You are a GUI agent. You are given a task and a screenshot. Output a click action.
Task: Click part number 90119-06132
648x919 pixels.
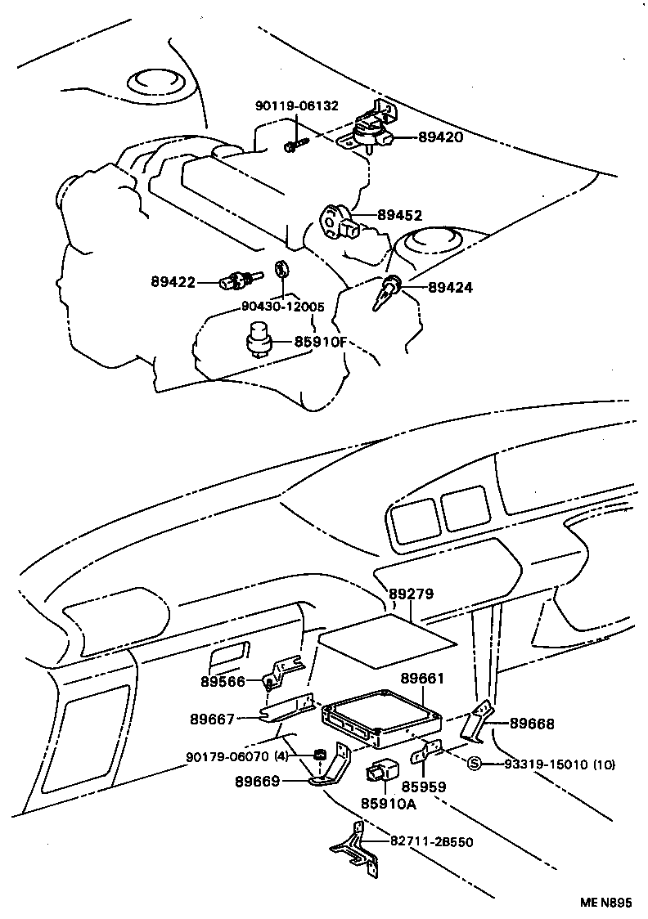tap(296, 106)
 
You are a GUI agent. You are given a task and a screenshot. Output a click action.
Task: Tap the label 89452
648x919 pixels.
tap(399, 215)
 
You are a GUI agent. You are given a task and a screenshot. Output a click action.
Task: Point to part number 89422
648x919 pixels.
tap(173, 282)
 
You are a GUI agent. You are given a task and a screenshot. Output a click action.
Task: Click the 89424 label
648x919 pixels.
tap(450, 288)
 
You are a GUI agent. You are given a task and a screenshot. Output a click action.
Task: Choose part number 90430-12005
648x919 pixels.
tap(283, 307)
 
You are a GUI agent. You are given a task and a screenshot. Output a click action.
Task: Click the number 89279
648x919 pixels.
tap(411, 594)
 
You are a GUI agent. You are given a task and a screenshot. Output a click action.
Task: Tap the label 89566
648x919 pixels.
tap(223, 680)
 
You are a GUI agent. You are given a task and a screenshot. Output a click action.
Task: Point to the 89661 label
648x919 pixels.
tap(422, 679)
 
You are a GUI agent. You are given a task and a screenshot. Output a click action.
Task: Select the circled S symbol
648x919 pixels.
tap(473, 764)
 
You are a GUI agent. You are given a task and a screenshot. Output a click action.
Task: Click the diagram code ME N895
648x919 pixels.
tap(606, 903)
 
